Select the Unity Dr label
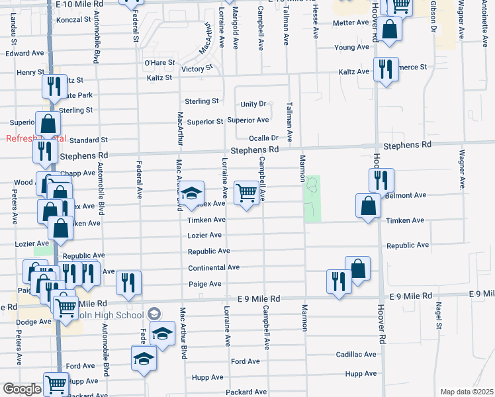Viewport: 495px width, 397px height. point(253,104)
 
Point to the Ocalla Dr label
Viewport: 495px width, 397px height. point(263,138)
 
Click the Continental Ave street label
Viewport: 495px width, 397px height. point(213,267)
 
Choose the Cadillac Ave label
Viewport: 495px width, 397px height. point(355,355)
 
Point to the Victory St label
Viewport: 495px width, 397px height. point(197,68)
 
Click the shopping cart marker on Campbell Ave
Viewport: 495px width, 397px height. point(247,193)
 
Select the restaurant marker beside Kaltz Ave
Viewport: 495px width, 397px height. point(385,69)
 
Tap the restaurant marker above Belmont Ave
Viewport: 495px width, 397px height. point(381,179)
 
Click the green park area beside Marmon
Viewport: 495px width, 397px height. point(312,198)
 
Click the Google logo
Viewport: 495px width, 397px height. point(22,389)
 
